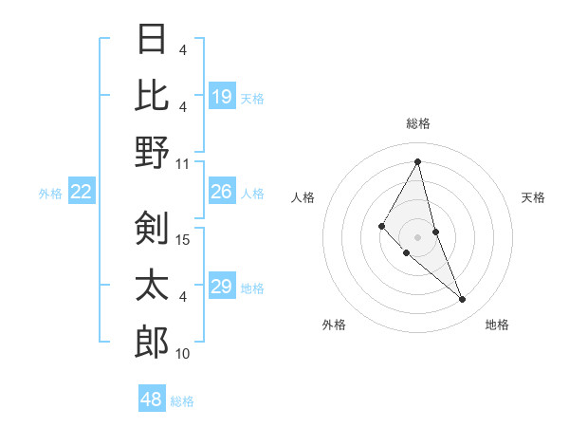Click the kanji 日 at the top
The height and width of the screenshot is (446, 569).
click(153, 40)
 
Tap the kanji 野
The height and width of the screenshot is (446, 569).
click(153, 151)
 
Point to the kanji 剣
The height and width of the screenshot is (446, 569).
click(153, 229)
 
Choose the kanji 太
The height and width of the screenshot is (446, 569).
click(153, 285)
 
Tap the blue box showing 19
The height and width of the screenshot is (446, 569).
click(222, 96)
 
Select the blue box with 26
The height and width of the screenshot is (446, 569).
click(222, 192)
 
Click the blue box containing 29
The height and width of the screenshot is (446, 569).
click(222, 287)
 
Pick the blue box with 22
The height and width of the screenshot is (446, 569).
click(82, 192)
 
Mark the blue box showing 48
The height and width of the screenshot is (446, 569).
click(152, 400)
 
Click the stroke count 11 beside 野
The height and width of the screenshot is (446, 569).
click(183, 162)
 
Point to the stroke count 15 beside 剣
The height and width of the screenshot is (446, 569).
click(184, 240)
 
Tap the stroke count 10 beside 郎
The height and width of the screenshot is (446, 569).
click(183, 354)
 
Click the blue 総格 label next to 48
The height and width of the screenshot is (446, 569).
click(182, 401)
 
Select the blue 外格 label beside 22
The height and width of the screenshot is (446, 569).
click(50, 194)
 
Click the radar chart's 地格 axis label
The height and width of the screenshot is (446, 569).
click(497, 325)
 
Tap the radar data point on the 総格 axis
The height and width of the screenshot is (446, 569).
click(417, 161)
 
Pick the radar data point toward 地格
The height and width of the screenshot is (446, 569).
click(463, 300)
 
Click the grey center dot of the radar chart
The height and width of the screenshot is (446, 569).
click(417, 236)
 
